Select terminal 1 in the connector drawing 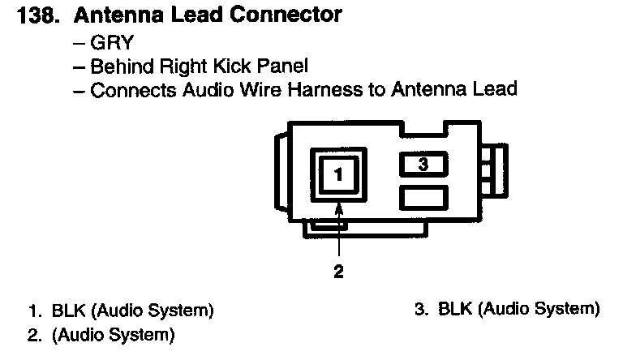click(339, 174)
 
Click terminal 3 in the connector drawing click(423, 165)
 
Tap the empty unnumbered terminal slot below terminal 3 click(423, 196)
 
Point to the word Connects click(127, 88)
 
